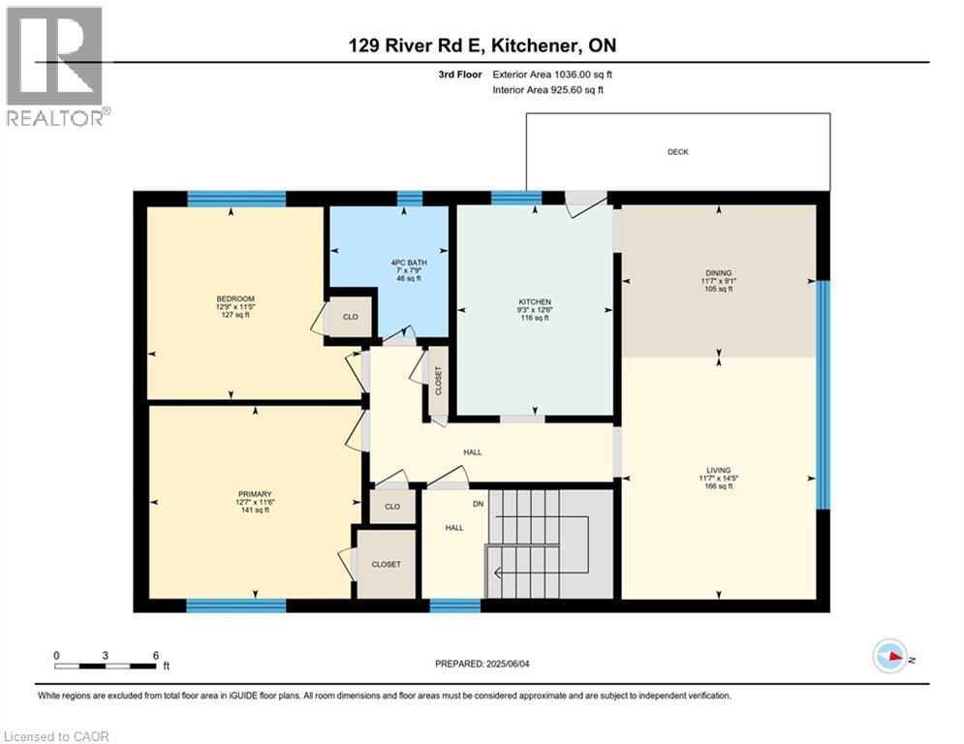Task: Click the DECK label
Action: click(x=677, y=152)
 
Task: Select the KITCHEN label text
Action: click(x=534, y=302)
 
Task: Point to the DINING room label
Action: click(x=718, y=273)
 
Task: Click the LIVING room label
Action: click(x=718, y=470)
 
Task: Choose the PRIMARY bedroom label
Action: click(x=255, y=494)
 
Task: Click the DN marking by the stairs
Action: click(x=477, y=503)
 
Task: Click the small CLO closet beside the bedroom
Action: click(x=351, y=317)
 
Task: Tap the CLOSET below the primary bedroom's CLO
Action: click(x=386, y=564)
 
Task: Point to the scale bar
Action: click(x=106, y=666)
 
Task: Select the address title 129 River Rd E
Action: click(x=482, y=46)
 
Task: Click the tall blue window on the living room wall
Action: click(x=823, y=394)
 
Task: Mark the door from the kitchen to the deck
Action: click(x=585, y=200)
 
